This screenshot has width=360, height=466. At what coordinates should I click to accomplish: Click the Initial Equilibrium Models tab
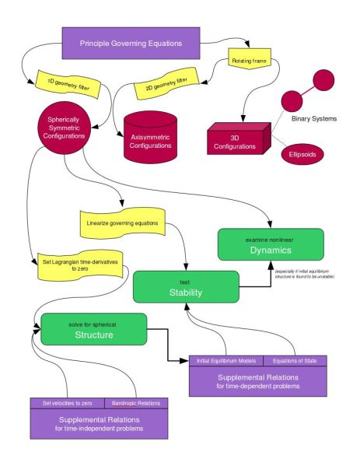point(226,360)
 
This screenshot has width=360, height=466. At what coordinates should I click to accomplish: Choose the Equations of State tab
point(295,360)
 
